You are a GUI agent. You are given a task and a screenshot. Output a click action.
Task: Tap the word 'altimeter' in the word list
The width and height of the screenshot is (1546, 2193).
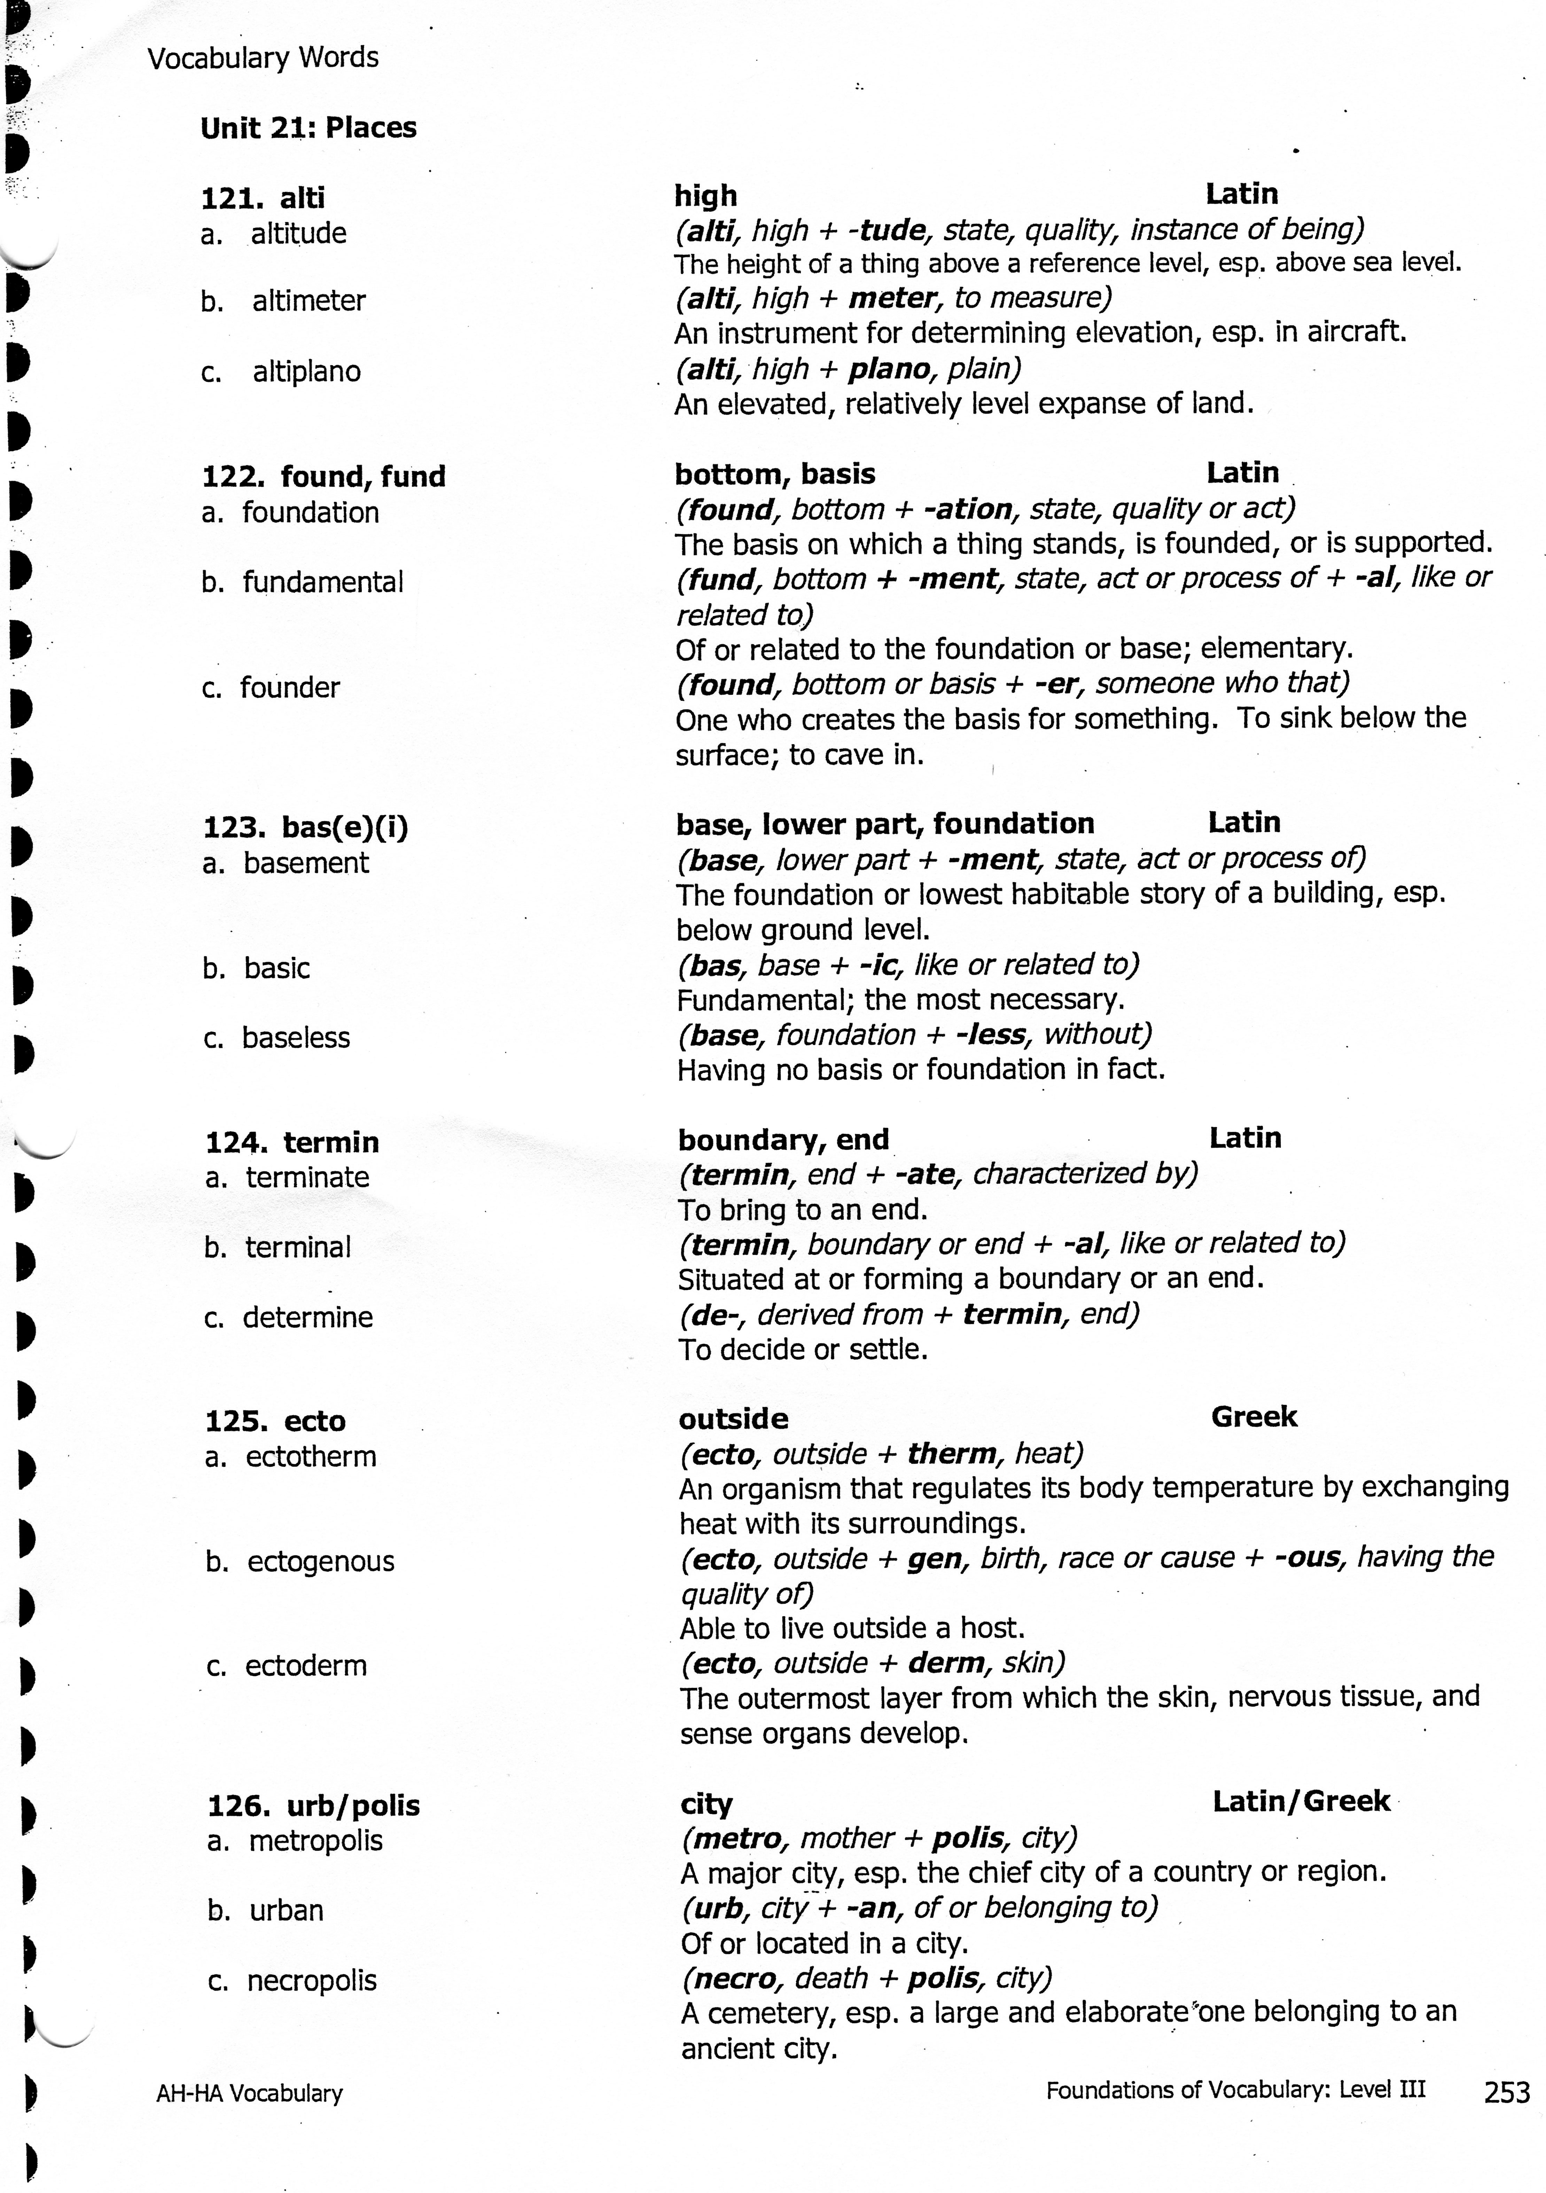tap(309, 301)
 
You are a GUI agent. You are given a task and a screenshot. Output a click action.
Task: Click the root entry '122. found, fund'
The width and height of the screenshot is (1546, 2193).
tap(323, 475)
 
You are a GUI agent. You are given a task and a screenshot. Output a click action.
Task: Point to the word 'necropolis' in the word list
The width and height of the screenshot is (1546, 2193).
tap(312, 1981)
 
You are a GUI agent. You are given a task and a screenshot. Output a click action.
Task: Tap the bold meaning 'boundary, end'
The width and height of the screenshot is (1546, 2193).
tap(782, 1139)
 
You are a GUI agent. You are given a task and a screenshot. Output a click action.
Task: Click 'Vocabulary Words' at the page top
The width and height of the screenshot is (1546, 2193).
tap(263, 58)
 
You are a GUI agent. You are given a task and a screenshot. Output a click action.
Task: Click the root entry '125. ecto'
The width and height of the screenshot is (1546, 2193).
tap(275, 1421)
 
